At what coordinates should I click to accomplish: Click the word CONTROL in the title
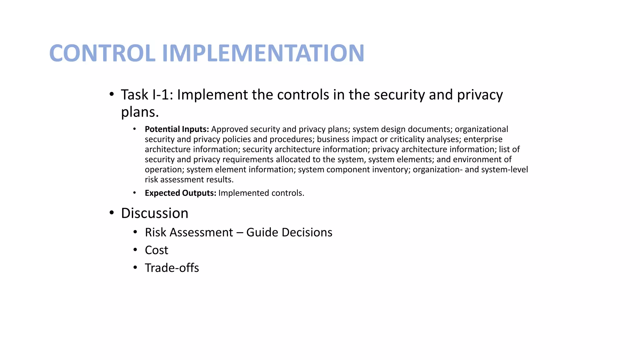pos(102,53)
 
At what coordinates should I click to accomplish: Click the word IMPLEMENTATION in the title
pos(263,53)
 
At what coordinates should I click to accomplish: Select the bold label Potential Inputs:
pos(177,129)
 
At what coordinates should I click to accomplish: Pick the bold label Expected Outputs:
pos(180,193)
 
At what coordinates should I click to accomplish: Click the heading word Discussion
pos(155,213)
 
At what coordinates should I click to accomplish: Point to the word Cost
pos(157,250)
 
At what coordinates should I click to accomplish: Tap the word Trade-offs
pos(172,268)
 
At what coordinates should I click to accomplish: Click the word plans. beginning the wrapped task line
pos(140,112)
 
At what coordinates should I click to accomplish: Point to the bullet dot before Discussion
pos(112,213)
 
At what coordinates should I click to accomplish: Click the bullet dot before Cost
pos(135,250)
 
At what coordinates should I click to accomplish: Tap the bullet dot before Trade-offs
pos(135,267)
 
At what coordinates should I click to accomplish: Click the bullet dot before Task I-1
pos(112,94)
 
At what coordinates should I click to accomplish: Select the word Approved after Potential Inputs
pos(229,129)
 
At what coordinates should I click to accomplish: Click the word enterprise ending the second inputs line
pos(483,139)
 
